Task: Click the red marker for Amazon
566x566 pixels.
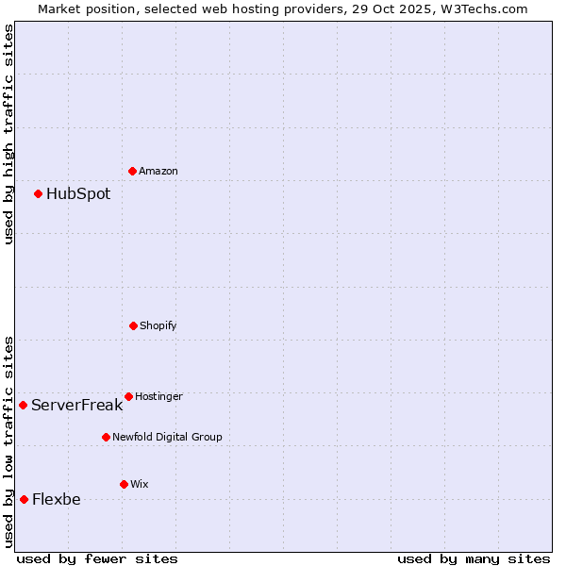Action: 132,171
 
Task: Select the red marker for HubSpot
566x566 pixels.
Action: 38,193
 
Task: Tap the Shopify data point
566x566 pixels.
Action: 133,325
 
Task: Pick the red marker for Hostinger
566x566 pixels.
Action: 128,396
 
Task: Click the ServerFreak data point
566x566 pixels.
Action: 23,405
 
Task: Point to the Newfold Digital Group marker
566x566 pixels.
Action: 106,437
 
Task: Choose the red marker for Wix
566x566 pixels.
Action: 124,484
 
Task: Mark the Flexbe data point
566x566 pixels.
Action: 24,499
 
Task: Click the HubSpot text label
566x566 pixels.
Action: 78,194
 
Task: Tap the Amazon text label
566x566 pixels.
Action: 158,172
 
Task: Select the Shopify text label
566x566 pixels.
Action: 158,326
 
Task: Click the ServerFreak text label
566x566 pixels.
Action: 76,406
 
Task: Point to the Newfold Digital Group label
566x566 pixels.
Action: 167,438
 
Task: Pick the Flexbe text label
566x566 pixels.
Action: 57,500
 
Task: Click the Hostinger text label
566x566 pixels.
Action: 158,397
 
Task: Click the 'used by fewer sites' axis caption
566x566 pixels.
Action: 97,558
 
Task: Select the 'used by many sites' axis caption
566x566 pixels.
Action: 474,558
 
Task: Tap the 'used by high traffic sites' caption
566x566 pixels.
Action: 9,134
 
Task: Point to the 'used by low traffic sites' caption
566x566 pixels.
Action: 9,441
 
